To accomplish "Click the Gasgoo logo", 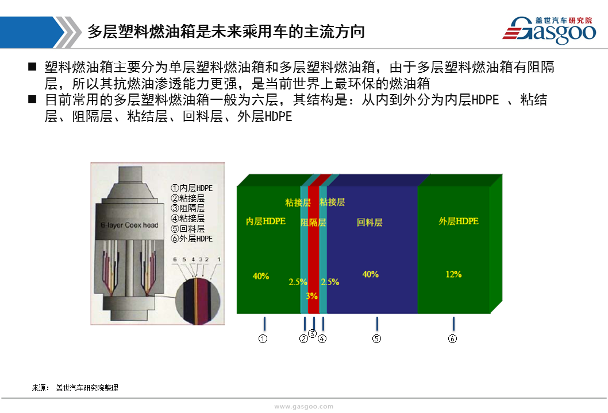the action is (549, 30).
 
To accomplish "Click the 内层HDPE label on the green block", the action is (265, 221).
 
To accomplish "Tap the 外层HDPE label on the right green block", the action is (459, 221).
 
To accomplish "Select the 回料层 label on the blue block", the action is (370, 222).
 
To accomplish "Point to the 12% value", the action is (453, 274).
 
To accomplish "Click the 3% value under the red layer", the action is (311, 296).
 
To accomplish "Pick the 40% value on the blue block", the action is (370, 274).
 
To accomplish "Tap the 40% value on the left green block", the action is (260, 276).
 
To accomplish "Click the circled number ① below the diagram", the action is (263, 338).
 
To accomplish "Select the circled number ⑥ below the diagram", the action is (452, 338).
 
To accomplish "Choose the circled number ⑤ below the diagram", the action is (376, 338).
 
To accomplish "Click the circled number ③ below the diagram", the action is (312, 333).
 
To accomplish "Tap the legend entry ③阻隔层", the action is (188, 208).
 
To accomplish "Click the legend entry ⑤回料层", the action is (188, 228).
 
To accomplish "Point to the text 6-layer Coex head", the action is (129, 225).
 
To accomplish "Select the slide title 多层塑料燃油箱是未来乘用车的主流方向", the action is (226, 32).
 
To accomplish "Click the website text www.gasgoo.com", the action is (303, 407).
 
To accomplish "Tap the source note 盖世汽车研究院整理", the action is (87, 388).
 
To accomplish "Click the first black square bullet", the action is (32, 67).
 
